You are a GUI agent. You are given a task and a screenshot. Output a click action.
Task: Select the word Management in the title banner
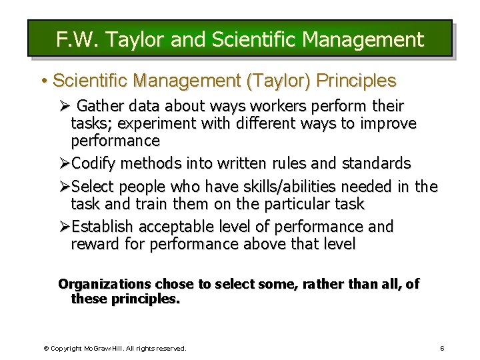pyautogui.click(x=363, y=39)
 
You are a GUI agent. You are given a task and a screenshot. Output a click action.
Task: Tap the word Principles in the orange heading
pyautogui.click(x=356, y=81)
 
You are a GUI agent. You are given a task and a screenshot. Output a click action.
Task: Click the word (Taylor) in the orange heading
pyautogui.click(x=279, y=81)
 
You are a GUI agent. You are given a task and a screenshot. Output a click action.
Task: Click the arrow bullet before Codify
pyautogui.click(x=64, y=163)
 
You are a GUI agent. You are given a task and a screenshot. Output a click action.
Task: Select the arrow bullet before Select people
pyautogui.click(x=64, y=187)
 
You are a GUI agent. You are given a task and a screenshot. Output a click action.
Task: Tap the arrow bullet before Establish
pyautogui.click(x=64, y=227)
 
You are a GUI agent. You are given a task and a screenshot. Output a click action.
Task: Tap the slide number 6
pyautogui.click(x=442, y=348)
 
